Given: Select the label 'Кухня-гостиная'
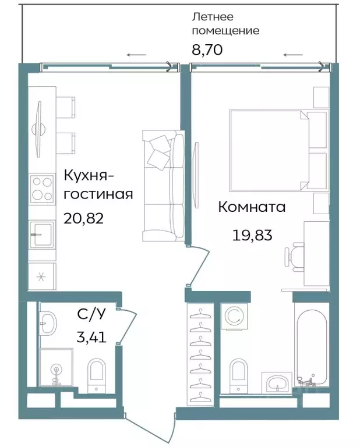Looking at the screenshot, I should (x=98, y=184).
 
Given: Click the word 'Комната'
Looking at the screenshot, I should (x=252, y=207).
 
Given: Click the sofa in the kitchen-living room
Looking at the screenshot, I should (x=163, y=186).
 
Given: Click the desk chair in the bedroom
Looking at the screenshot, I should (x=295, y=257).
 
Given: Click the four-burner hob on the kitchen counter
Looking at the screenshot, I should (x=42, y=188).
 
